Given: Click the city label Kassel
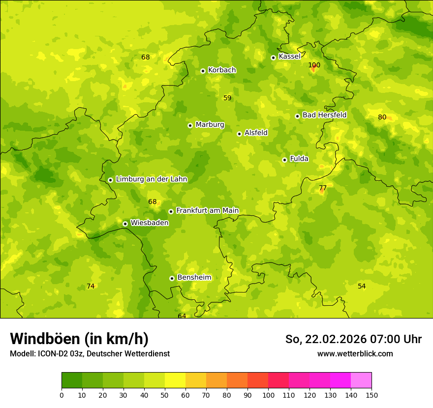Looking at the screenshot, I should pos(289,57).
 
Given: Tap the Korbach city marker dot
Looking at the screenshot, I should pos(203,71).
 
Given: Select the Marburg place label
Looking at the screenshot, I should pos(210,125).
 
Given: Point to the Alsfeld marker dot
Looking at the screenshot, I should pos(239,134).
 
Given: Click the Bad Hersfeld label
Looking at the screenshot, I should pos(324,115).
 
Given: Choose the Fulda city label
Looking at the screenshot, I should pos(299,159).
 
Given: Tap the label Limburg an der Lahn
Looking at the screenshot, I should pos(151,179).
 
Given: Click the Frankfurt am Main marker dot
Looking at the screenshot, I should pos(171,211).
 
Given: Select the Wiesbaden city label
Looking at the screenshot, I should pos(150,223).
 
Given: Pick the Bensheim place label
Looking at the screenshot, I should pos(194,277).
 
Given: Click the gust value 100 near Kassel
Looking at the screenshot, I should pos(314,65).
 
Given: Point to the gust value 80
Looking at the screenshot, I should pos(382,117).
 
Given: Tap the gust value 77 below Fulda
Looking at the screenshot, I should pos(323,188).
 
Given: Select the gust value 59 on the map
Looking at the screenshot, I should pos(227,98).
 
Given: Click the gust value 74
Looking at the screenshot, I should pos(91,286).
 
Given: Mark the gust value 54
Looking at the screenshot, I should pos(362,286).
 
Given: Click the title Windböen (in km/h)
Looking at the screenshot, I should pos(79,339).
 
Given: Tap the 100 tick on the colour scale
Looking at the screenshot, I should pos(268,395).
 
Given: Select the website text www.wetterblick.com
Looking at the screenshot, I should pos(355,353).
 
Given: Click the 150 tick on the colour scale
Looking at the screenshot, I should pos(371,395).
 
